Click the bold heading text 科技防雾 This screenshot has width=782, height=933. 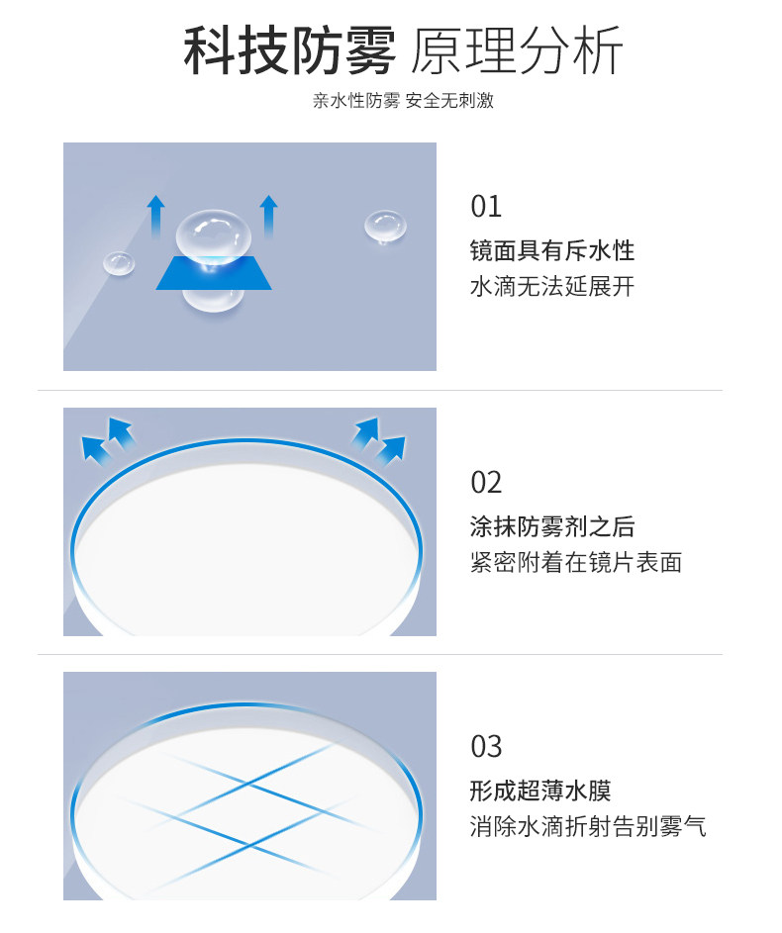pyautogui.click(x=289, y=50)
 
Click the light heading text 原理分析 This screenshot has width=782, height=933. pyautogui.click(x=517, y=50)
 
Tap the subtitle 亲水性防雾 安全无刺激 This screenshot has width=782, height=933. pyautogui.click(x=403, y=101)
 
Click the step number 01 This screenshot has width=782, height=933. pyautogui.click(x=486, y=207)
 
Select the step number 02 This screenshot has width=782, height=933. pyautogui.click(x=486, y=482)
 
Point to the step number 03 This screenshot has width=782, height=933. pyautogui.click(x=486, y=746)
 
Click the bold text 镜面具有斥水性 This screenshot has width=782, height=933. pyautogui.click(x=552, y=250)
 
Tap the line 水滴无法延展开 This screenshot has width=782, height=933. pyautogui.click(x=552, y=286)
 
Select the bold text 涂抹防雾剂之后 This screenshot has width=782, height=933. pyautogui.click(x=552, y=526)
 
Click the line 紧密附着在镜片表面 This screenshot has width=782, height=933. pyautogui.click(x=576, y=562)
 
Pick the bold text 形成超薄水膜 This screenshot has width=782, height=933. pyautogui.click(x=540, y=791)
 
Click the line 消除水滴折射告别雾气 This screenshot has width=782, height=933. pyautogui.click(x=588, y=826)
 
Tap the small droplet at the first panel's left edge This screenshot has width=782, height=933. pyautogui.click(x=119, y=263)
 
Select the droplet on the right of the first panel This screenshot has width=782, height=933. pyautogui.click(x=386, y=227)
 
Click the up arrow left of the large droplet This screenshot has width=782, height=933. pyautogui.click(x=156, y=217)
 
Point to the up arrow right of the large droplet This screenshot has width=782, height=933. pyautogui.click(x=269, y=217)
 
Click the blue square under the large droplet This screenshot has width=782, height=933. pyautogui.click(x=214, y=273)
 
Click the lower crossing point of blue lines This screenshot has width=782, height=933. pyautogui.click(x=248, y=844)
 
